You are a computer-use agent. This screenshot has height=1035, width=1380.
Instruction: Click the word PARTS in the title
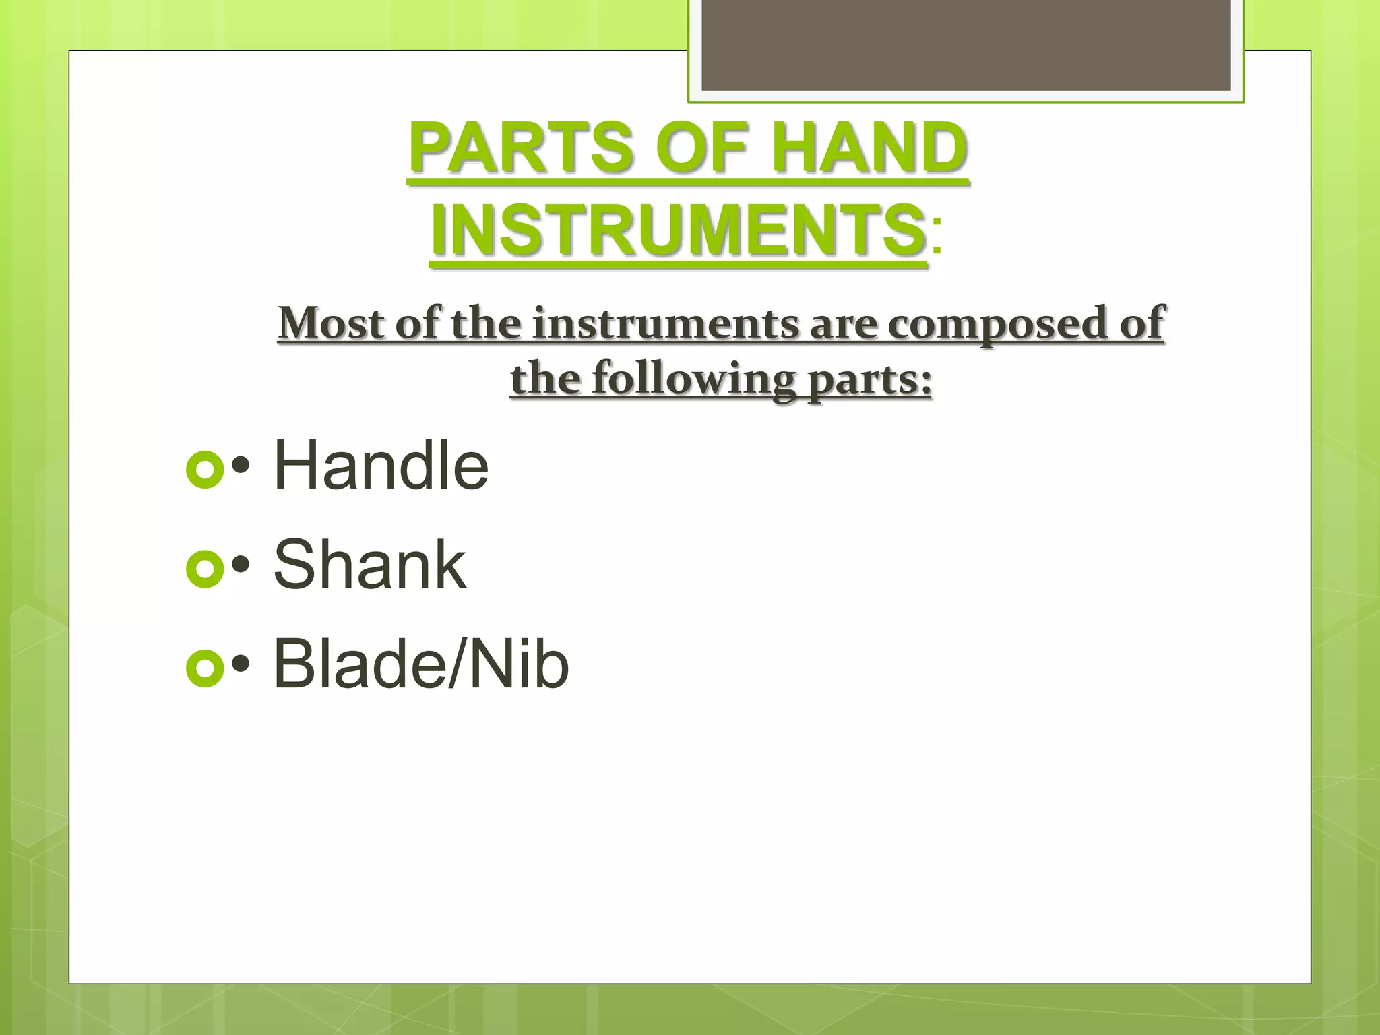[522, 148]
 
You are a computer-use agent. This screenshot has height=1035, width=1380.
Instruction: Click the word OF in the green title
[701, 148]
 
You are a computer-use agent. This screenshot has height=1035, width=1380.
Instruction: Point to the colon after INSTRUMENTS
[937, 237]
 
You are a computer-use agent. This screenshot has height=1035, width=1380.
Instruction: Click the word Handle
[381, 465]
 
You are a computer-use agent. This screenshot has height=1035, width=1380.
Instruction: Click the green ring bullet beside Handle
[204, 469]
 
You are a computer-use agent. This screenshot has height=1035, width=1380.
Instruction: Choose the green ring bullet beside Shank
[204, 569]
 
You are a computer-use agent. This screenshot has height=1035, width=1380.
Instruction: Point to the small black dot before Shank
[241, 565]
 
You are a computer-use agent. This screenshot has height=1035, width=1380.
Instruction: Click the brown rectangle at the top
[966, 44]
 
